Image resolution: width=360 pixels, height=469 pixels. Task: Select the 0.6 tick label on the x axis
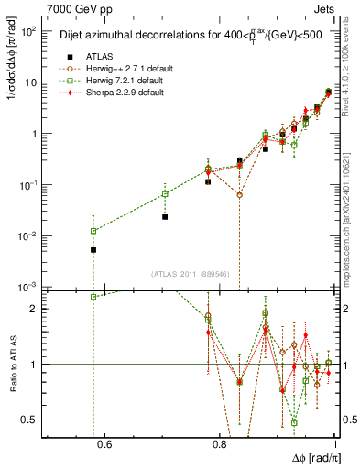(x=104, y=446)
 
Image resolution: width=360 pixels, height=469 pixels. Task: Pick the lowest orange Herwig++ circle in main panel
(x=239, y=195)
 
